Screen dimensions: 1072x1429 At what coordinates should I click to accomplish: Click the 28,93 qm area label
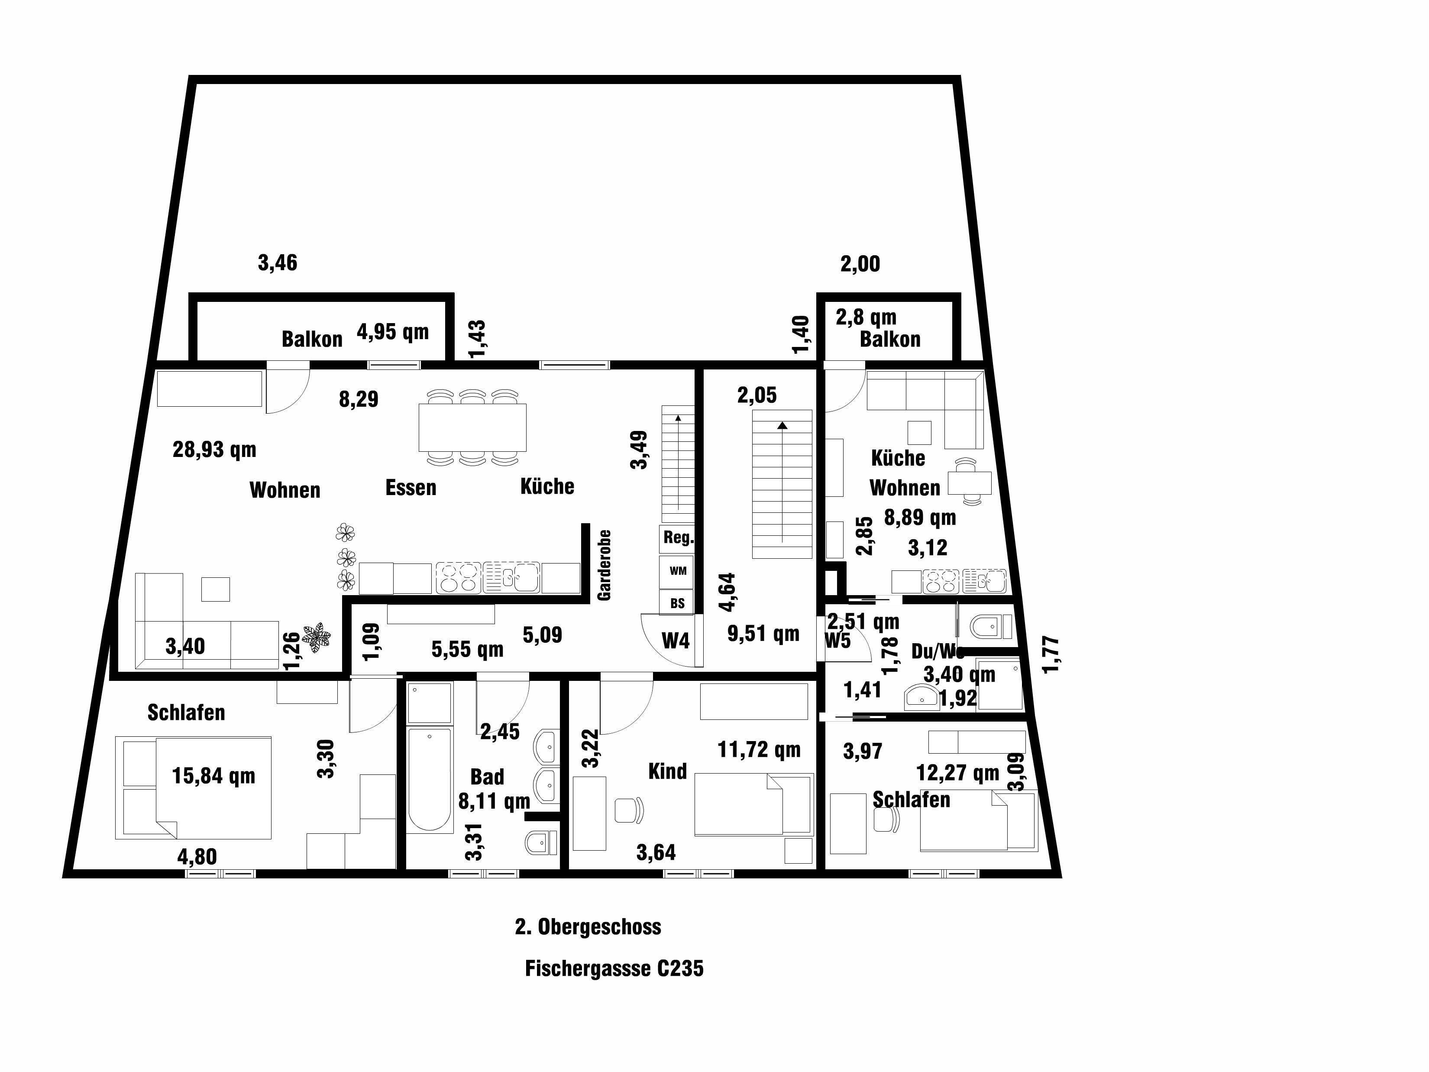(x=214, y=449)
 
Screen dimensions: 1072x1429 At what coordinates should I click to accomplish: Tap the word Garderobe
(x=604, y=565)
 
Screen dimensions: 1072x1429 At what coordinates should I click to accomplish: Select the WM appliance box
(x=677, y=570)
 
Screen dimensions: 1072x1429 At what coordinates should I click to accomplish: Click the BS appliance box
(x=676, y=603)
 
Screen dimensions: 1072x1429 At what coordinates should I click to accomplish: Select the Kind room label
(x=667, y=771)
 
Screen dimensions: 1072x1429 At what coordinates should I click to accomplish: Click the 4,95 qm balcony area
(x=392, y=332)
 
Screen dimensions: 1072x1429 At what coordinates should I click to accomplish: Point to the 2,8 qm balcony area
(x=866, y=317)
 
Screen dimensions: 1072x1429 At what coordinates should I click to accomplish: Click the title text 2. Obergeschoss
(x=588, y=926)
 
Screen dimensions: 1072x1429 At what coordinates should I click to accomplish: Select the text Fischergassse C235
(x=614, y=968)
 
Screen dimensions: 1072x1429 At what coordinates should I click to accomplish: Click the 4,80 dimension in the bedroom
(x=197, y=857)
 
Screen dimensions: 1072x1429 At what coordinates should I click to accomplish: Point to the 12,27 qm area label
(x=957, y=772)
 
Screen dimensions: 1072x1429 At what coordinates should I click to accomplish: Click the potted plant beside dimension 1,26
(x=317, y=636)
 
